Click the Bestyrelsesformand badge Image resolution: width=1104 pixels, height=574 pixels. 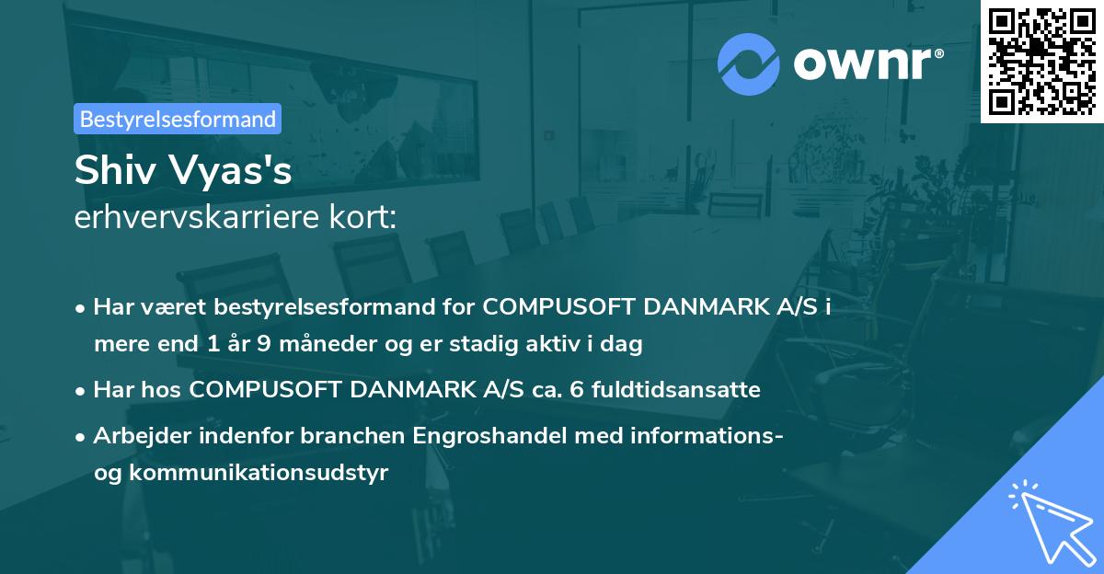tap(178, 119)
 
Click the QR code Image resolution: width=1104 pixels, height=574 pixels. tap(1041, 61)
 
